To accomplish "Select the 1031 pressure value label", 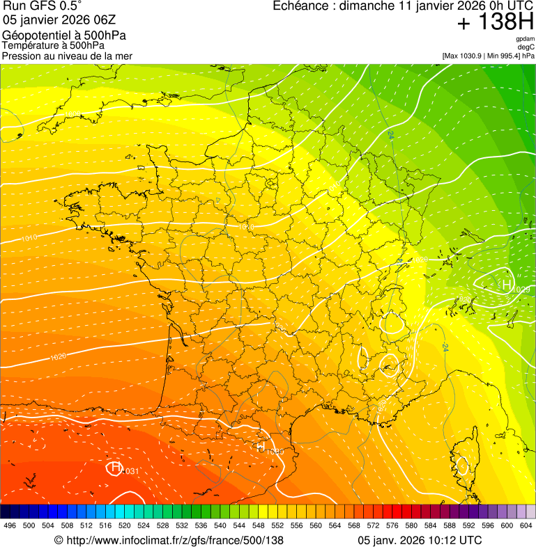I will [x=131, y=472].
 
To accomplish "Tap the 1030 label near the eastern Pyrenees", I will [x=275, y=452].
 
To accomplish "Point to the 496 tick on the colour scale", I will [x=10, y=525].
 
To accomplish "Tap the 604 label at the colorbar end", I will [x=526, y=525].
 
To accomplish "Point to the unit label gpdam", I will [x=525, y=39].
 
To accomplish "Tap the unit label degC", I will [x=526, y=47].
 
